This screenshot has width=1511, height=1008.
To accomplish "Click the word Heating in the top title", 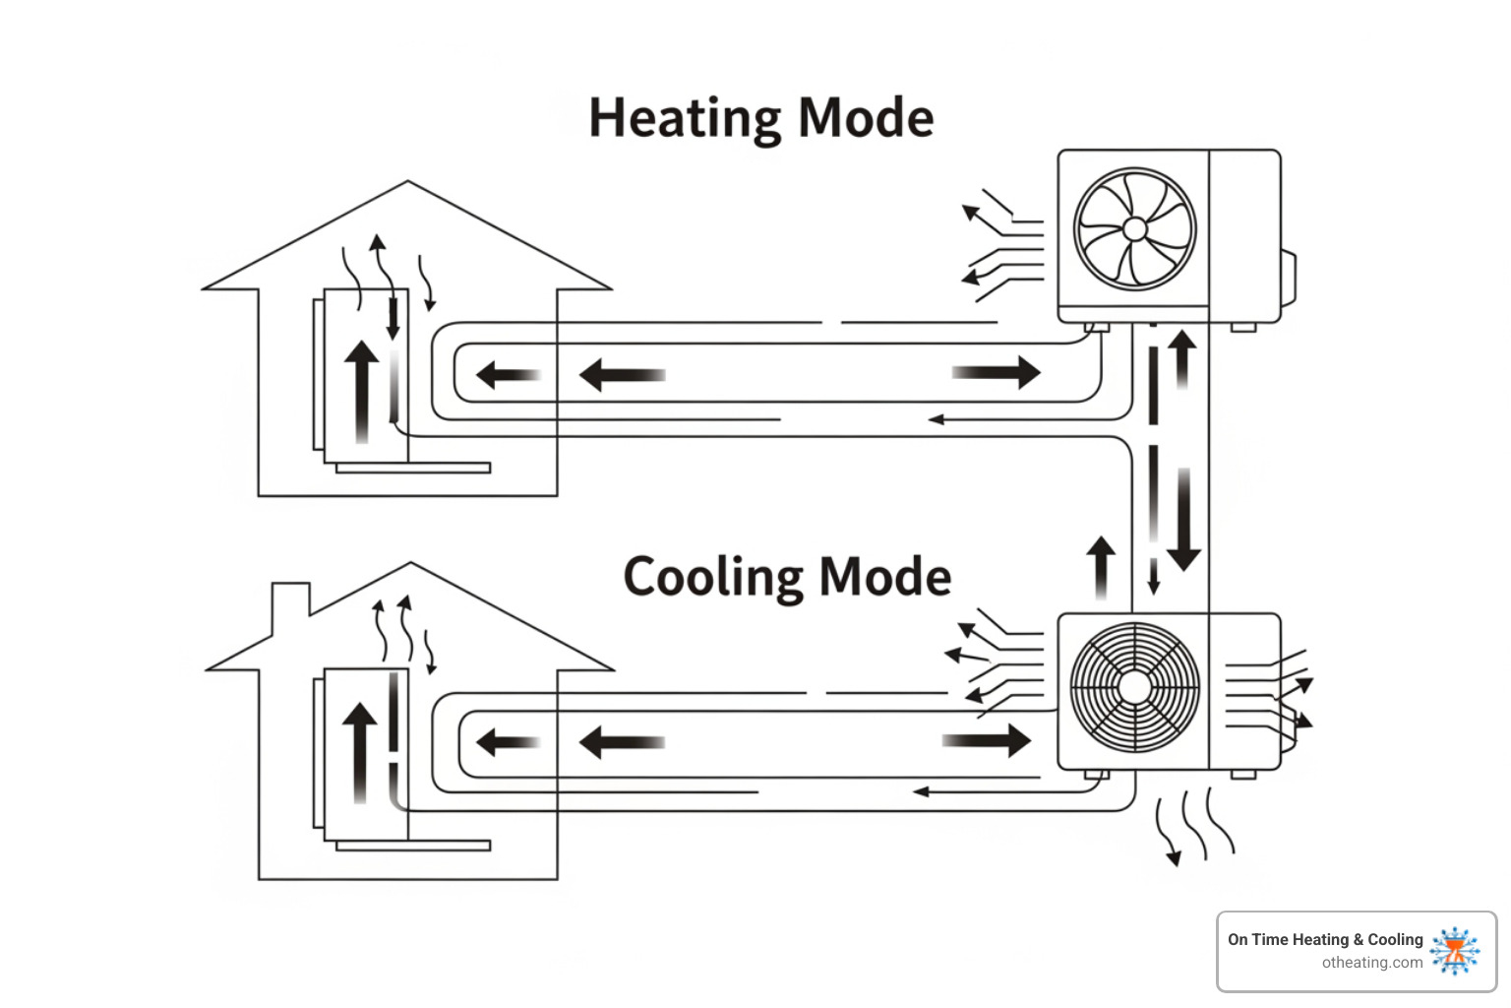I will click(x=685, y=119).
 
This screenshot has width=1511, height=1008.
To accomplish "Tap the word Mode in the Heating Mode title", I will click(x=865, y=118).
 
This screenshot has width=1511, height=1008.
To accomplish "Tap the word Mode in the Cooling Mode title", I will click(x=884, y=577).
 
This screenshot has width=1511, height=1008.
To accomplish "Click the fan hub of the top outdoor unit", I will click(x=1134, y=228).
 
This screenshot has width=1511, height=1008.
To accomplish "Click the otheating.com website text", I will click(x=1371, y=963).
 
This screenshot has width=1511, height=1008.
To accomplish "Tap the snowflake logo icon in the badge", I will click(x=1455, y=951).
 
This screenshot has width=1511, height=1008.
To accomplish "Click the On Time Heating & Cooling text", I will click(x=1324, y=939).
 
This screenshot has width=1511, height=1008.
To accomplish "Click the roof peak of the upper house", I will click(x=407, y=184).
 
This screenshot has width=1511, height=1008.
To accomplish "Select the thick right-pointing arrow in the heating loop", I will click(x=997, y=372).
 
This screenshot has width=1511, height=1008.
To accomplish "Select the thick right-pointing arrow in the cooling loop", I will click(x=988, y=740).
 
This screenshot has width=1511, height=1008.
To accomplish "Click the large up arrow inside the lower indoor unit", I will click(x=360, y=752).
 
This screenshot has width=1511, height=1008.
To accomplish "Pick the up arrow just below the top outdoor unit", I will click(x=1181, y=358).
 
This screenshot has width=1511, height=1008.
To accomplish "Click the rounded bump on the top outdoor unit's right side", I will click(x=1288, y=278).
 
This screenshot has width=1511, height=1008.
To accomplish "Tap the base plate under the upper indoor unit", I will click(x=413, y=468).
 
